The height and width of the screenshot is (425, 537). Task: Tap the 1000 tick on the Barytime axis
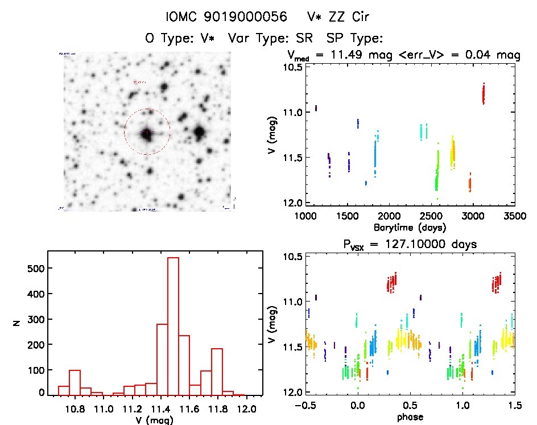click(x=305, y=216)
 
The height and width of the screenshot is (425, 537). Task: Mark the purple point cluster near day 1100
click(x=316, y=108)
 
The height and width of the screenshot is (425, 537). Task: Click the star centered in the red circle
click(x=147, y=133)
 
